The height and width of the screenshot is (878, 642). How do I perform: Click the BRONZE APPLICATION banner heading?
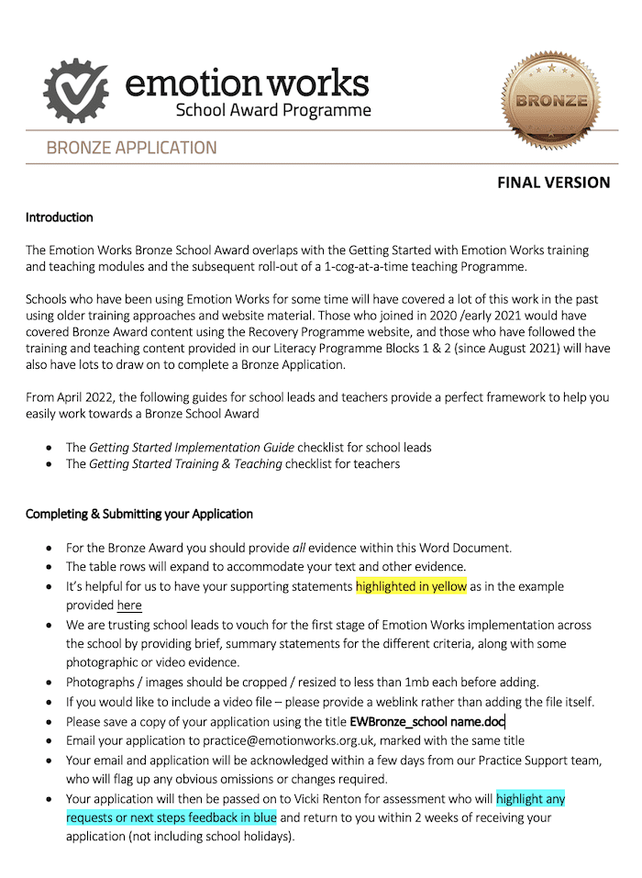coord(131,148)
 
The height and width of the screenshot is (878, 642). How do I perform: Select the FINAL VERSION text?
coord(553,183)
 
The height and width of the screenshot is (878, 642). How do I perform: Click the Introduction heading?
coord(60,218)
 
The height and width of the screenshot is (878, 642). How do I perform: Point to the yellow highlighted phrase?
coord(412,586)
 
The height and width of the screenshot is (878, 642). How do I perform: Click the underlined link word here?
coord(129,606)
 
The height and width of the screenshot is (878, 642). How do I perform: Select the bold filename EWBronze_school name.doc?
coord(427,721)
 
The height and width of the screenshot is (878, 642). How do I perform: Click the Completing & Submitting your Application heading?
coord(139,514)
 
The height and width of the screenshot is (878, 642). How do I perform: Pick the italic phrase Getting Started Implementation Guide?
coord(192,448)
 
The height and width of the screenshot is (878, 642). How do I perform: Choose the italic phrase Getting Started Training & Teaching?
coord(185,464)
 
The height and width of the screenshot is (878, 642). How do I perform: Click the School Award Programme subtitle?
coord(273,111)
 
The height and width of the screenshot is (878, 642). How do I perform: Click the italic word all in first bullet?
coord(318,548)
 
